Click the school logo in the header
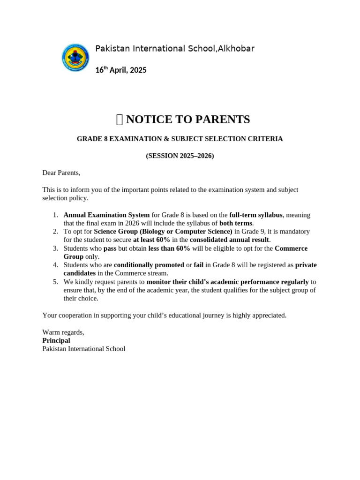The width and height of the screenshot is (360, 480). click(x=75, y=58)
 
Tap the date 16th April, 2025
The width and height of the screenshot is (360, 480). click(x=121, y=70)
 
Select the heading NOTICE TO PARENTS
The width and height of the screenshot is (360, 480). click(x=188, y=120)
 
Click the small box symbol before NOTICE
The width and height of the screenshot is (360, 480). click(x=119, y=120)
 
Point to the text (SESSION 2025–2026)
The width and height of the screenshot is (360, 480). click(x=180, y=156)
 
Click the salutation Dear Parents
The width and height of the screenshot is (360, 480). click(x=61, y=173)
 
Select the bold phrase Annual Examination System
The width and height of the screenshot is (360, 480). click(x=106, y=215)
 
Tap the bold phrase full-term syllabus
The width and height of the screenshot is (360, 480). click(x=255, y=215)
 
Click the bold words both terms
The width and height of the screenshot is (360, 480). click(x=236, y=223)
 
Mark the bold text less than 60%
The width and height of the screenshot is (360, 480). click(x=169, y=248)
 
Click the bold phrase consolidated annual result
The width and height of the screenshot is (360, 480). click(x=230, y=240)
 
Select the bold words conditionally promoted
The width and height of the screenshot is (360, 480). click(x=149, y=265)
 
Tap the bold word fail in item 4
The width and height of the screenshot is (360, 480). click(x=198, y=265)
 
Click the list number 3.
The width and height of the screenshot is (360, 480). click(x=55, y=248)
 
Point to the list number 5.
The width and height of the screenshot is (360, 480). click(x=55, y=282)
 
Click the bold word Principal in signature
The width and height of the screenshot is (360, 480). click(x=56, y=341)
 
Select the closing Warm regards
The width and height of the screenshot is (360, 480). click(x=63, y=332)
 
